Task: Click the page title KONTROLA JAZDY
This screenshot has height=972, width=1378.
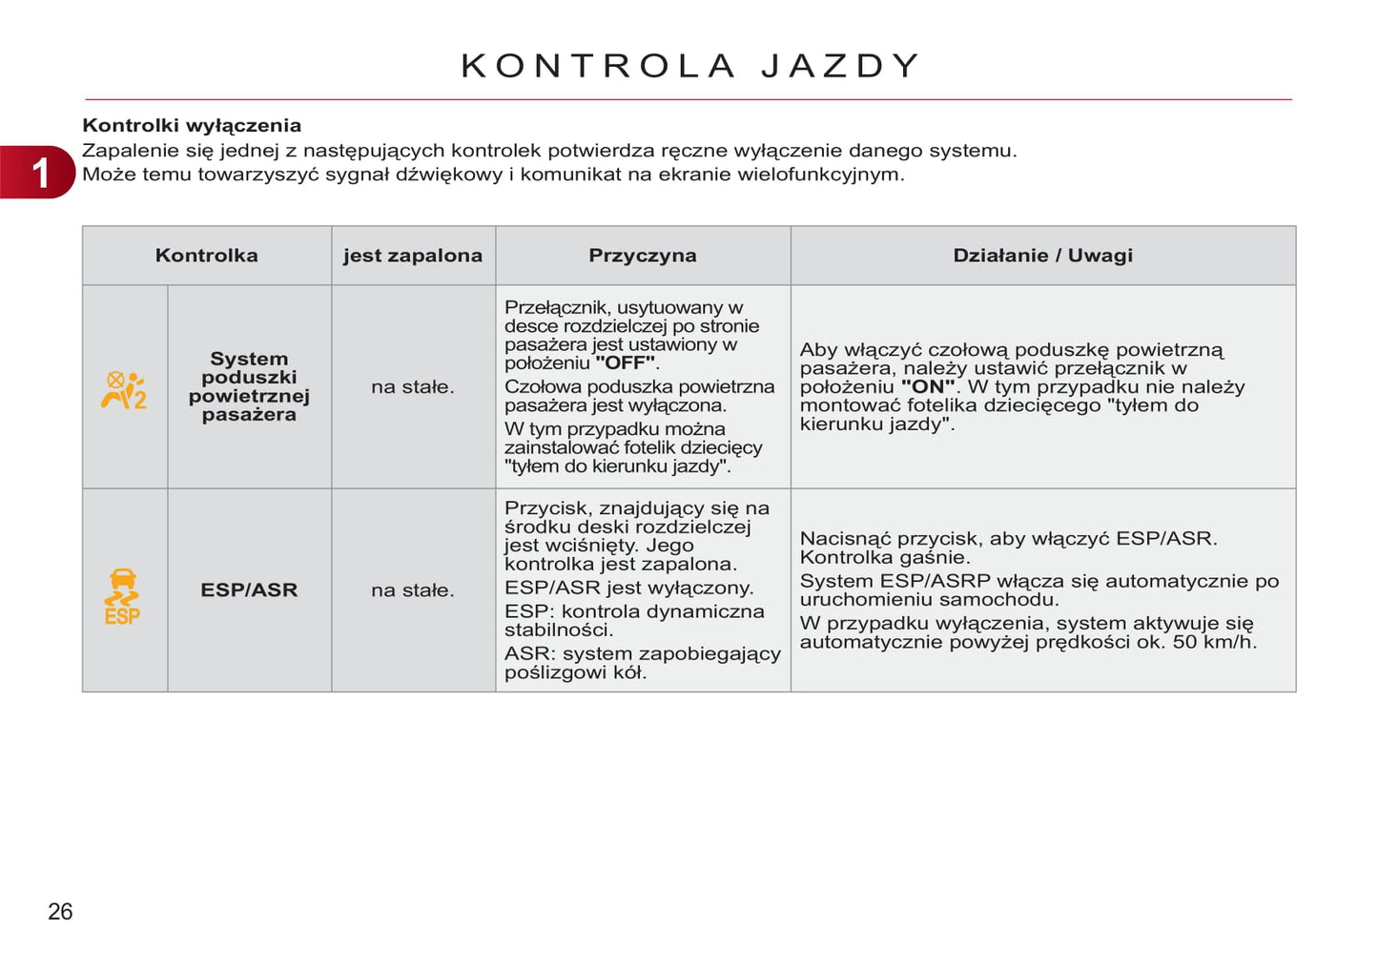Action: point(690,66)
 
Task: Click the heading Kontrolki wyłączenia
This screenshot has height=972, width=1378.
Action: point(192,125)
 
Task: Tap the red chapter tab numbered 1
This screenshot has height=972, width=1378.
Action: point(38,173)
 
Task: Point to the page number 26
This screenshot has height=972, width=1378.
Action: point(60,912)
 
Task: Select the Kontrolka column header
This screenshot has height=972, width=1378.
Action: point(206,256)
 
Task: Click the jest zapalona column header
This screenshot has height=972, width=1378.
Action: point(413,256)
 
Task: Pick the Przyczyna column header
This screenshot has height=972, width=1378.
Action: point(642,256)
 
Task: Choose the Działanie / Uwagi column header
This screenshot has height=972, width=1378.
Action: point(1042,256)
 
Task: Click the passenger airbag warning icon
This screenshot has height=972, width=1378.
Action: point(124,389)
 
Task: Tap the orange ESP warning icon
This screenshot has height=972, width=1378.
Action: point(123,596)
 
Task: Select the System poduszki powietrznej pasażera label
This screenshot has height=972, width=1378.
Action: point(249,386)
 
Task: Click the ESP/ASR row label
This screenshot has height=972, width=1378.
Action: point(249,590)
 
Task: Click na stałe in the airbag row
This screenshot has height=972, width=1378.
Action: point(413,387)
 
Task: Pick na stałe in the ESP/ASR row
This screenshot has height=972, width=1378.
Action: point(413,590)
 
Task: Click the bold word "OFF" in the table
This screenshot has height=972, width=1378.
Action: point(625,363)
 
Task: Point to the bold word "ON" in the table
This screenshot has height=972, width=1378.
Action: point(927,387)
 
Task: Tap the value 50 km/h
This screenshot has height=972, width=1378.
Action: point(1213,642)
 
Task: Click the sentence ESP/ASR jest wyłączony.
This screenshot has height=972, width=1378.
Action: point(628,588)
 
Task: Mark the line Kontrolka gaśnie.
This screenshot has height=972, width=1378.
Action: point(884,558)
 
